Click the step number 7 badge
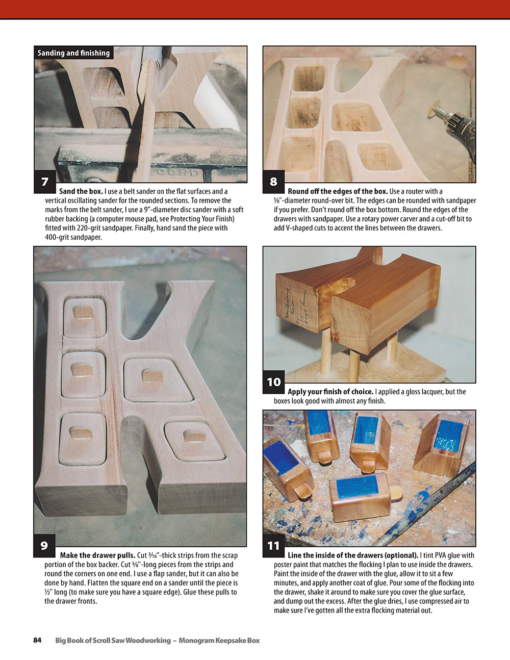[x=45, y=182]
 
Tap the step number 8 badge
[x=273, y=182]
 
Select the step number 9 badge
[x=44, y=545]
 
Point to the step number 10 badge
[x=274, y=382]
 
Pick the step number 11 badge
[x=273, y=545]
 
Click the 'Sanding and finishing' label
[x=73, y=53]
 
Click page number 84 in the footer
[x=37, y=640]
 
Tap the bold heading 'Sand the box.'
[x=81, y=191]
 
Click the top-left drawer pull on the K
[x=82, y=312]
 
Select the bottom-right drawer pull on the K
[x=193, y=437]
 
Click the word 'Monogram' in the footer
[x=197, y=640]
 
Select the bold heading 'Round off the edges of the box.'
[x=338, y=191]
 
